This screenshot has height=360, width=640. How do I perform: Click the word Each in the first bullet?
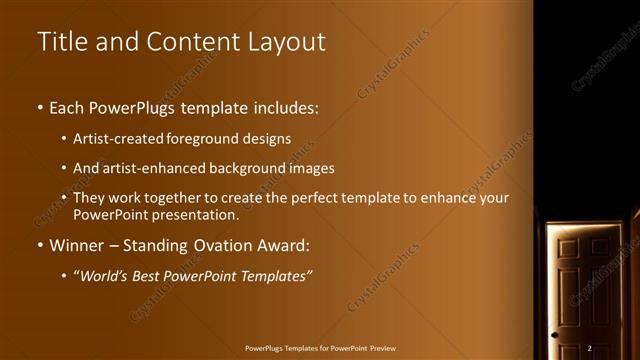67,107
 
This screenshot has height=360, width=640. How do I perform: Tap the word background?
246,168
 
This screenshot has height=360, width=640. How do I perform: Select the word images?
309,168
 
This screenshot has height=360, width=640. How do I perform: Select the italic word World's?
111,275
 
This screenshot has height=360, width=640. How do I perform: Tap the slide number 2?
590,347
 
